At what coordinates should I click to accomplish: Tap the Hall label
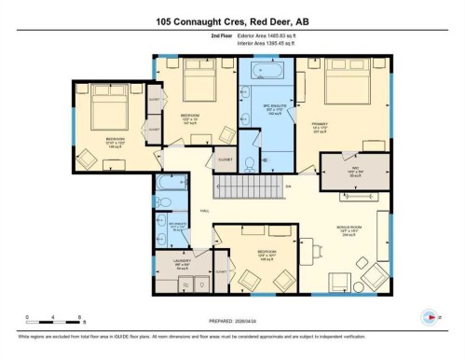pyautogui.click(x=204, y=211)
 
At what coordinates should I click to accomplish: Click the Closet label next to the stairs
pyautogui.click(x=225, y=159)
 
